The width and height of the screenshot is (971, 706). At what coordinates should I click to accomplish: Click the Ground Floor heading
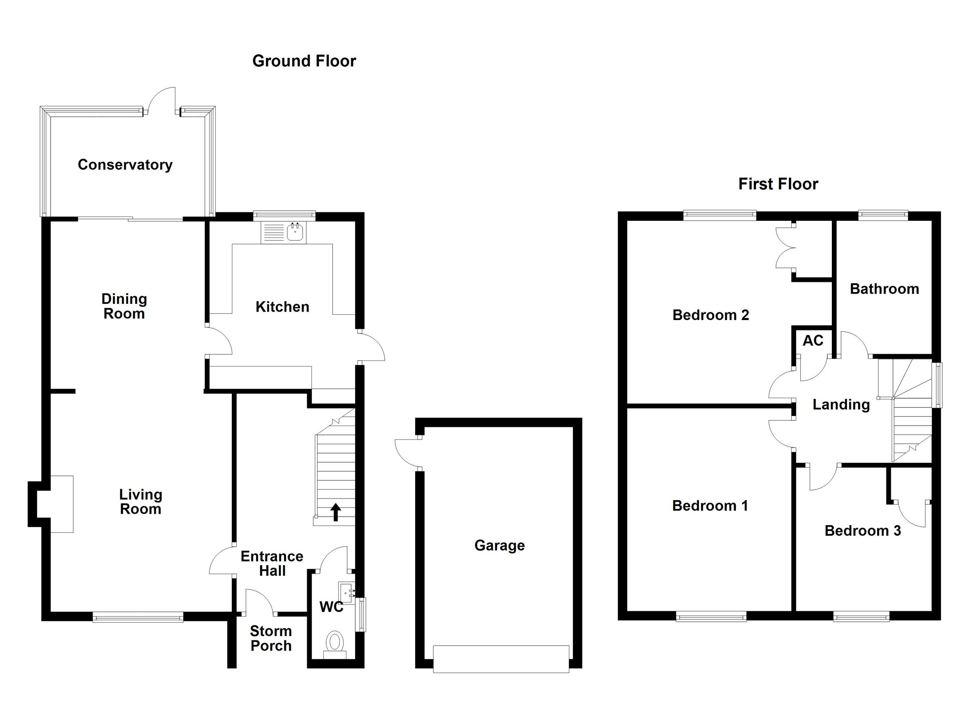pos(304,61)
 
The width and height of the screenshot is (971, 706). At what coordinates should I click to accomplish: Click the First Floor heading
pos(778,184)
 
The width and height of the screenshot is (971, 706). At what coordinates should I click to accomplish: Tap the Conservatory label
pos(125,165)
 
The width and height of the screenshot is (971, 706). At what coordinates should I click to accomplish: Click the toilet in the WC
pos(335,642)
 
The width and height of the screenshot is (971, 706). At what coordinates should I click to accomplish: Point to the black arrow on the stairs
pos(336,512)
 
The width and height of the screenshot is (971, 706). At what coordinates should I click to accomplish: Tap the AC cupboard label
pos(812,341)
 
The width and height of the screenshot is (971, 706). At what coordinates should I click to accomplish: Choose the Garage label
pos(499,545)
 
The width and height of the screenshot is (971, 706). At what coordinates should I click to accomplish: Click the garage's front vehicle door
pos(501,659)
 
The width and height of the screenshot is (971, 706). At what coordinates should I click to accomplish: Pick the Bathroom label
pos(884,289)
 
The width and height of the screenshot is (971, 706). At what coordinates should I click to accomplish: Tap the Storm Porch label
pos(271,638)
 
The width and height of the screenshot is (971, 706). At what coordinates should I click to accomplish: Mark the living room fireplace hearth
pos(61,504)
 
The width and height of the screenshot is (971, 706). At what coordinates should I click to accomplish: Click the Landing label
pos(841,405)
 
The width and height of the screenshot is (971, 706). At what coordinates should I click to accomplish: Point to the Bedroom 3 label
pos(863,531)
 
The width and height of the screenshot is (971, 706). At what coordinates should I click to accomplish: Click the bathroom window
pos(883,215)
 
